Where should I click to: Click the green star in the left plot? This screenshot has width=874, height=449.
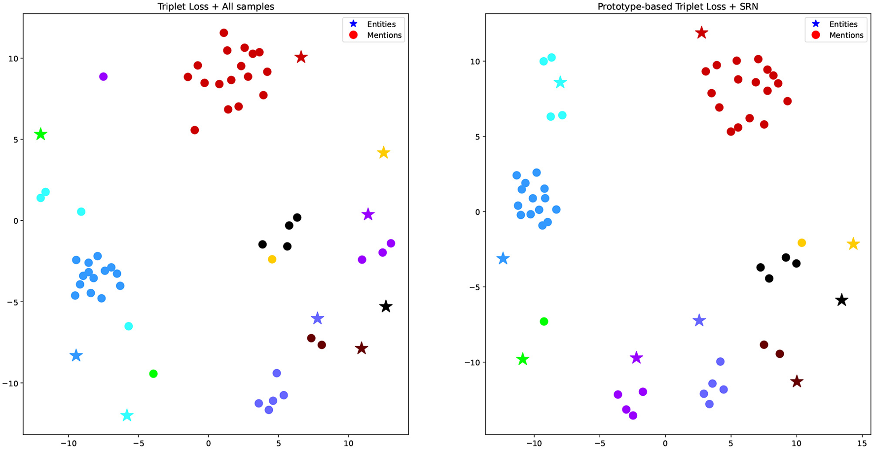pyautogui.click(x=40, y=134)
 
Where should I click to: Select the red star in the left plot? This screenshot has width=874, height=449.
pyautogui.click(x=301, y=57)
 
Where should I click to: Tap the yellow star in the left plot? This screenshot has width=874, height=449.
pyautogui.click(x=383, y=153)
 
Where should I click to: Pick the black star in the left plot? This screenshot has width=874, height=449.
pyautogui.click(x=386, y=307)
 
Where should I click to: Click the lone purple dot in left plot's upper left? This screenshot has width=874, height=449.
pyautogui.click(x=103, y=76)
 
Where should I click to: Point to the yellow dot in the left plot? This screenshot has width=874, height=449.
pyautogui.click(x=272, y=259)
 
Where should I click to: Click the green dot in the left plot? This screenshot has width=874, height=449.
pyautogui.click(x=153, y=374)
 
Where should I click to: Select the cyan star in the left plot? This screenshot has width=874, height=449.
pyautogui.click(x=127, y=415)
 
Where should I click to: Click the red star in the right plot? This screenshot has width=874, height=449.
pyautogui.click(x=701, y=33)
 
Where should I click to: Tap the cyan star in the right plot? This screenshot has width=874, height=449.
pyautogui.click(x=560, y=82)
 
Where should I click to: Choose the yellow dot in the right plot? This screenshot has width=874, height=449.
pyautogui.click(x=801, y=242)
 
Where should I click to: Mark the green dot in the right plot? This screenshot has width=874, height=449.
pyautogui.click(x=544, y=321)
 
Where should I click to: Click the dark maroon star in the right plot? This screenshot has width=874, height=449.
pyautogui.click(x=797, y=381)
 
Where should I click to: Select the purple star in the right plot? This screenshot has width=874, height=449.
pyautogui.click(x=636, y=358)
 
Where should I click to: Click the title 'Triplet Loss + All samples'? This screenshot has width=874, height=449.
pyautogui.click(x=216, y=6)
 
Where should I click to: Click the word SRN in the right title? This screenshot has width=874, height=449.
pyautogui.click(x=748, y=6)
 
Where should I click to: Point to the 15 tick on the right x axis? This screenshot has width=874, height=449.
pyautogui.click(x=862, y=442)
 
